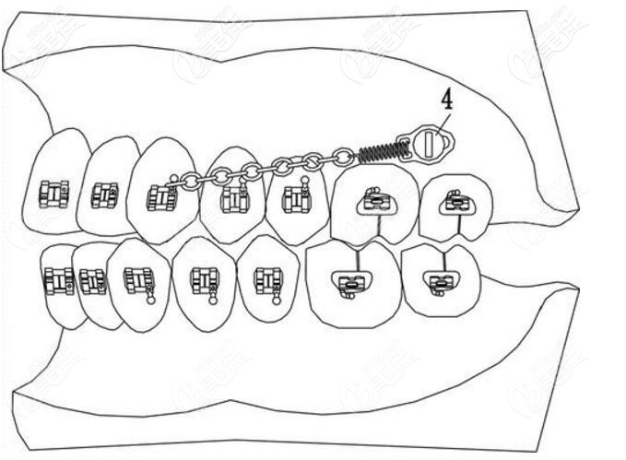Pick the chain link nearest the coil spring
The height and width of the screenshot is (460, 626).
point(344,157)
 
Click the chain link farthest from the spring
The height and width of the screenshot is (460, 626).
point(190,182)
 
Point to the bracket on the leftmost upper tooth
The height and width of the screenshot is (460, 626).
point(54,194)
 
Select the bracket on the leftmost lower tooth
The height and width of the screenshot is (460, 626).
point(58,280)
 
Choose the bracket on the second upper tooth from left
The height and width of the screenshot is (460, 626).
point(104,195)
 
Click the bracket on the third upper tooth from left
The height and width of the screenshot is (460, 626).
point(161,197)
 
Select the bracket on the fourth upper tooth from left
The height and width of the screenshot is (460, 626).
point(234,197)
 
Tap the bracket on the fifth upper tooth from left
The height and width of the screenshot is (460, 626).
point(295,198)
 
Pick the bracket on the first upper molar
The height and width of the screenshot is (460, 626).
point(374,201)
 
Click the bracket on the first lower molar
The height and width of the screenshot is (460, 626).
point(349,283)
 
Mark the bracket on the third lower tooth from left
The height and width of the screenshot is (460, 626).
point(138,280)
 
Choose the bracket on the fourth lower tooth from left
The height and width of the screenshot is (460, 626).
point(204,279)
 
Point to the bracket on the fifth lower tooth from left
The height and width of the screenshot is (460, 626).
point(267,280)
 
